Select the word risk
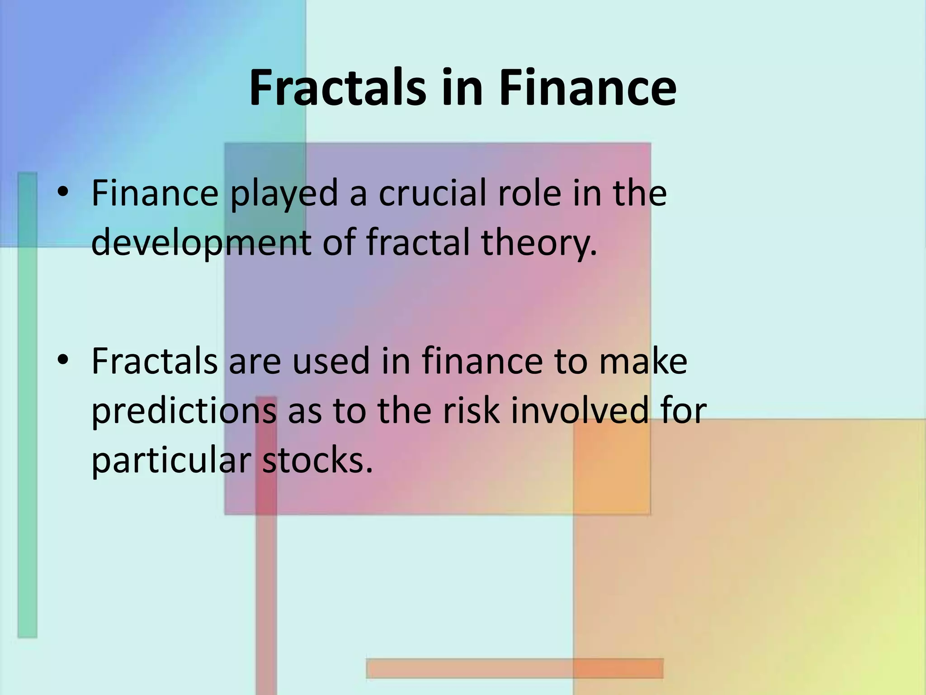click(x=472, y=411)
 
